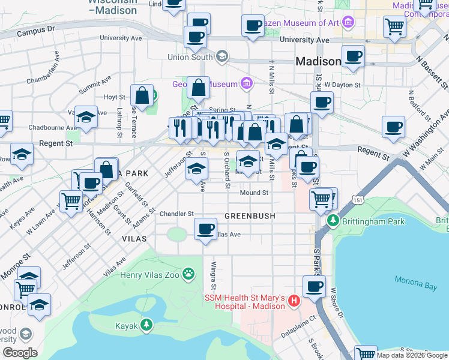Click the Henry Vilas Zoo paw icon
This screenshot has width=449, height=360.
(x=189, y=274)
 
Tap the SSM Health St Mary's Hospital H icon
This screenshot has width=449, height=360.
(x=294, y=300)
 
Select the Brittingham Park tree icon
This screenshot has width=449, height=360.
(x=333, y=221)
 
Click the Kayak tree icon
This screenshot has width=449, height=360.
(x=146, y=326)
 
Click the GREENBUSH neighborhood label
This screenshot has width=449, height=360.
(x=250, y=215)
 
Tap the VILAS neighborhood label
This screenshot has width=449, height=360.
(x=134, y=238)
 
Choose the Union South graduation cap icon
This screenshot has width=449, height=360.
(x=223, y=58)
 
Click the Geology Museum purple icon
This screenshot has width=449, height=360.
(x=246, y=83)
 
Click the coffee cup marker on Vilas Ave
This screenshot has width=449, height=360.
(x=206, y=230)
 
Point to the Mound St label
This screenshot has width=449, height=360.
(x=254, y=193)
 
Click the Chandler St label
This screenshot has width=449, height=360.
(x=176, y=214)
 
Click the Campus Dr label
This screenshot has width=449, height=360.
(x=37, y=28)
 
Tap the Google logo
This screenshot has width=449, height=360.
(x=20, y=353)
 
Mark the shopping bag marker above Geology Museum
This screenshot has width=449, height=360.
(x=198, y=89)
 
